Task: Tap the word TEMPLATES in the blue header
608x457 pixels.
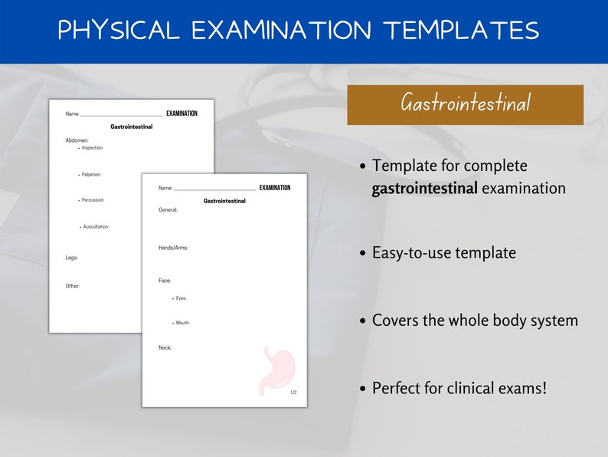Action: (461, 30)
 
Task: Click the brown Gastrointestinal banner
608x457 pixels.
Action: (465, 104)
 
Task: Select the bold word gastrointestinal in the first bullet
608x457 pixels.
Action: (423, 189)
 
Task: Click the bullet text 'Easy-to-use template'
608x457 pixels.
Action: (443, 253)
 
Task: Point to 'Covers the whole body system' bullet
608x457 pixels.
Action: (474, 321)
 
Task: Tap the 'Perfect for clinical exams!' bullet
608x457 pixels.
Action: (459, 388)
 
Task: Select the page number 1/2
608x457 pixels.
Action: (293, 393)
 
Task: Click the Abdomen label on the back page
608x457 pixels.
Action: (77, 140)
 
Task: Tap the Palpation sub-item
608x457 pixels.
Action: (91, 174)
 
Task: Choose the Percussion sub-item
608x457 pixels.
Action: (93, 200)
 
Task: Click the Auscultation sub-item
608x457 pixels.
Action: (96, 226)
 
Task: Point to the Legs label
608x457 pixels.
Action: (72, 258)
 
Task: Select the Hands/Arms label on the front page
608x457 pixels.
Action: (173, 248)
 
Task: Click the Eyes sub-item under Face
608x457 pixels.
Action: (181, 298)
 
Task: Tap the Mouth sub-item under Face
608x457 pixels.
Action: (182, 323)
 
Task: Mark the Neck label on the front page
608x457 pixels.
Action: (165, 347)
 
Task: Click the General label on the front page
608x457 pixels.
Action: (168, 209)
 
